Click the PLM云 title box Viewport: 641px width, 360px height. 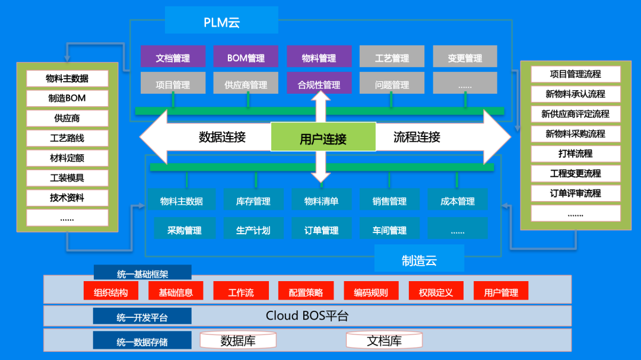tap(221, 23)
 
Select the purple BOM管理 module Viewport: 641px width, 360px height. tap(246, 58)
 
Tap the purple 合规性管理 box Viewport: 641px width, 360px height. tap(319, 84)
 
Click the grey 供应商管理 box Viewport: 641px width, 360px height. tap(246, 84)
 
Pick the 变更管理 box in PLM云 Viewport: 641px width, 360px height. tap(465, 58)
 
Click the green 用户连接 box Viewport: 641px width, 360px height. tap(323, 138)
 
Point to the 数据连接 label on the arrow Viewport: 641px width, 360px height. tap(222, 138)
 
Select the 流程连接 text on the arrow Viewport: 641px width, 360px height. tap(417, 138)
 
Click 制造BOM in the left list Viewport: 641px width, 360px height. tap(67, 98)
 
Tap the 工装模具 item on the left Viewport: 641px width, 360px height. tap(67, 178)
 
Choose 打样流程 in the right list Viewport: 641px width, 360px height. tap(575, 153)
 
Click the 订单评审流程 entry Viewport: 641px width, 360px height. tap(575, 193)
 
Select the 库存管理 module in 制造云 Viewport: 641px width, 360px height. tap(253, 201)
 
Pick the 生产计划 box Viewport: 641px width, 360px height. tap(253, 230)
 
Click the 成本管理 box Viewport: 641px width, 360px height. tap(457, 201)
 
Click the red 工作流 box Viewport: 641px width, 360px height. tap(241, 292)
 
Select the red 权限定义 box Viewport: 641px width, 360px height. tap(436, 292)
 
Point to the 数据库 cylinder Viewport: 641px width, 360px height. tap(238, 341)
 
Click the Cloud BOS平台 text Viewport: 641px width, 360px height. tap(307, 316)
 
